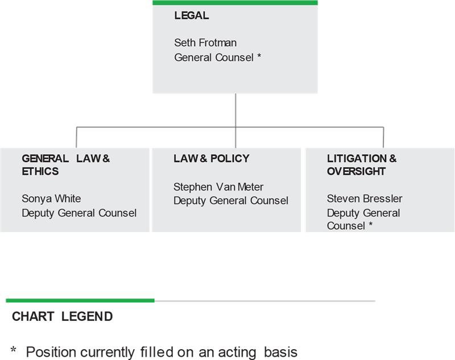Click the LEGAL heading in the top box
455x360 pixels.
(192, 15)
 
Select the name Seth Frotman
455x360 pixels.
(205, 43)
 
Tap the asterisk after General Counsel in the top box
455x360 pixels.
(259, 56)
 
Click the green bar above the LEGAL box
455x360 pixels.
(235, 3)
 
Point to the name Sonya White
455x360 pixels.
(51, 198)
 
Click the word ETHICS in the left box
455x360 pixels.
(40, 171)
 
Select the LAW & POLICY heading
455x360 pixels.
(212, 158)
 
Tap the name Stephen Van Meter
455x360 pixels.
(218, 187)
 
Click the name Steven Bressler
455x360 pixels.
(365, 198)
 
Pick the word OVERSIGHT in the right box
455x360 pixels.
(357, 171)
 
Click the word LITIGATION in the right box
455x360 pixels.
(357, 158)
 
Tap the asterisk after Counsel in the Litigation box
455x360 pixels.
(371, 224)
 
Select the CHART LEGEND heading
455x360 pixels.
(63, 316)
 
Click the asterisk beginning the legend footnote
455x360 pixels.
(13, 349)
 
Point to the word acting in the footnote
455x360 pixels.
(237, 353)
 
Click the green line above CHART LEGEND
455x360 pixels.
(80, 300)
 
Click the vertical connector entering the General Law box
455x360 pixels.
(76, 138)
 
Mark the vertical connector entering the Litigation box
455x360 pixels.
(383, 138)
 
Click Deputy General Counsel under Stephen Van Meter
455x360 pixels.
(231, 201)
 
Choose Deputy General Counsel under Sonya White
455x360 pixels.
(79, 213)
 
